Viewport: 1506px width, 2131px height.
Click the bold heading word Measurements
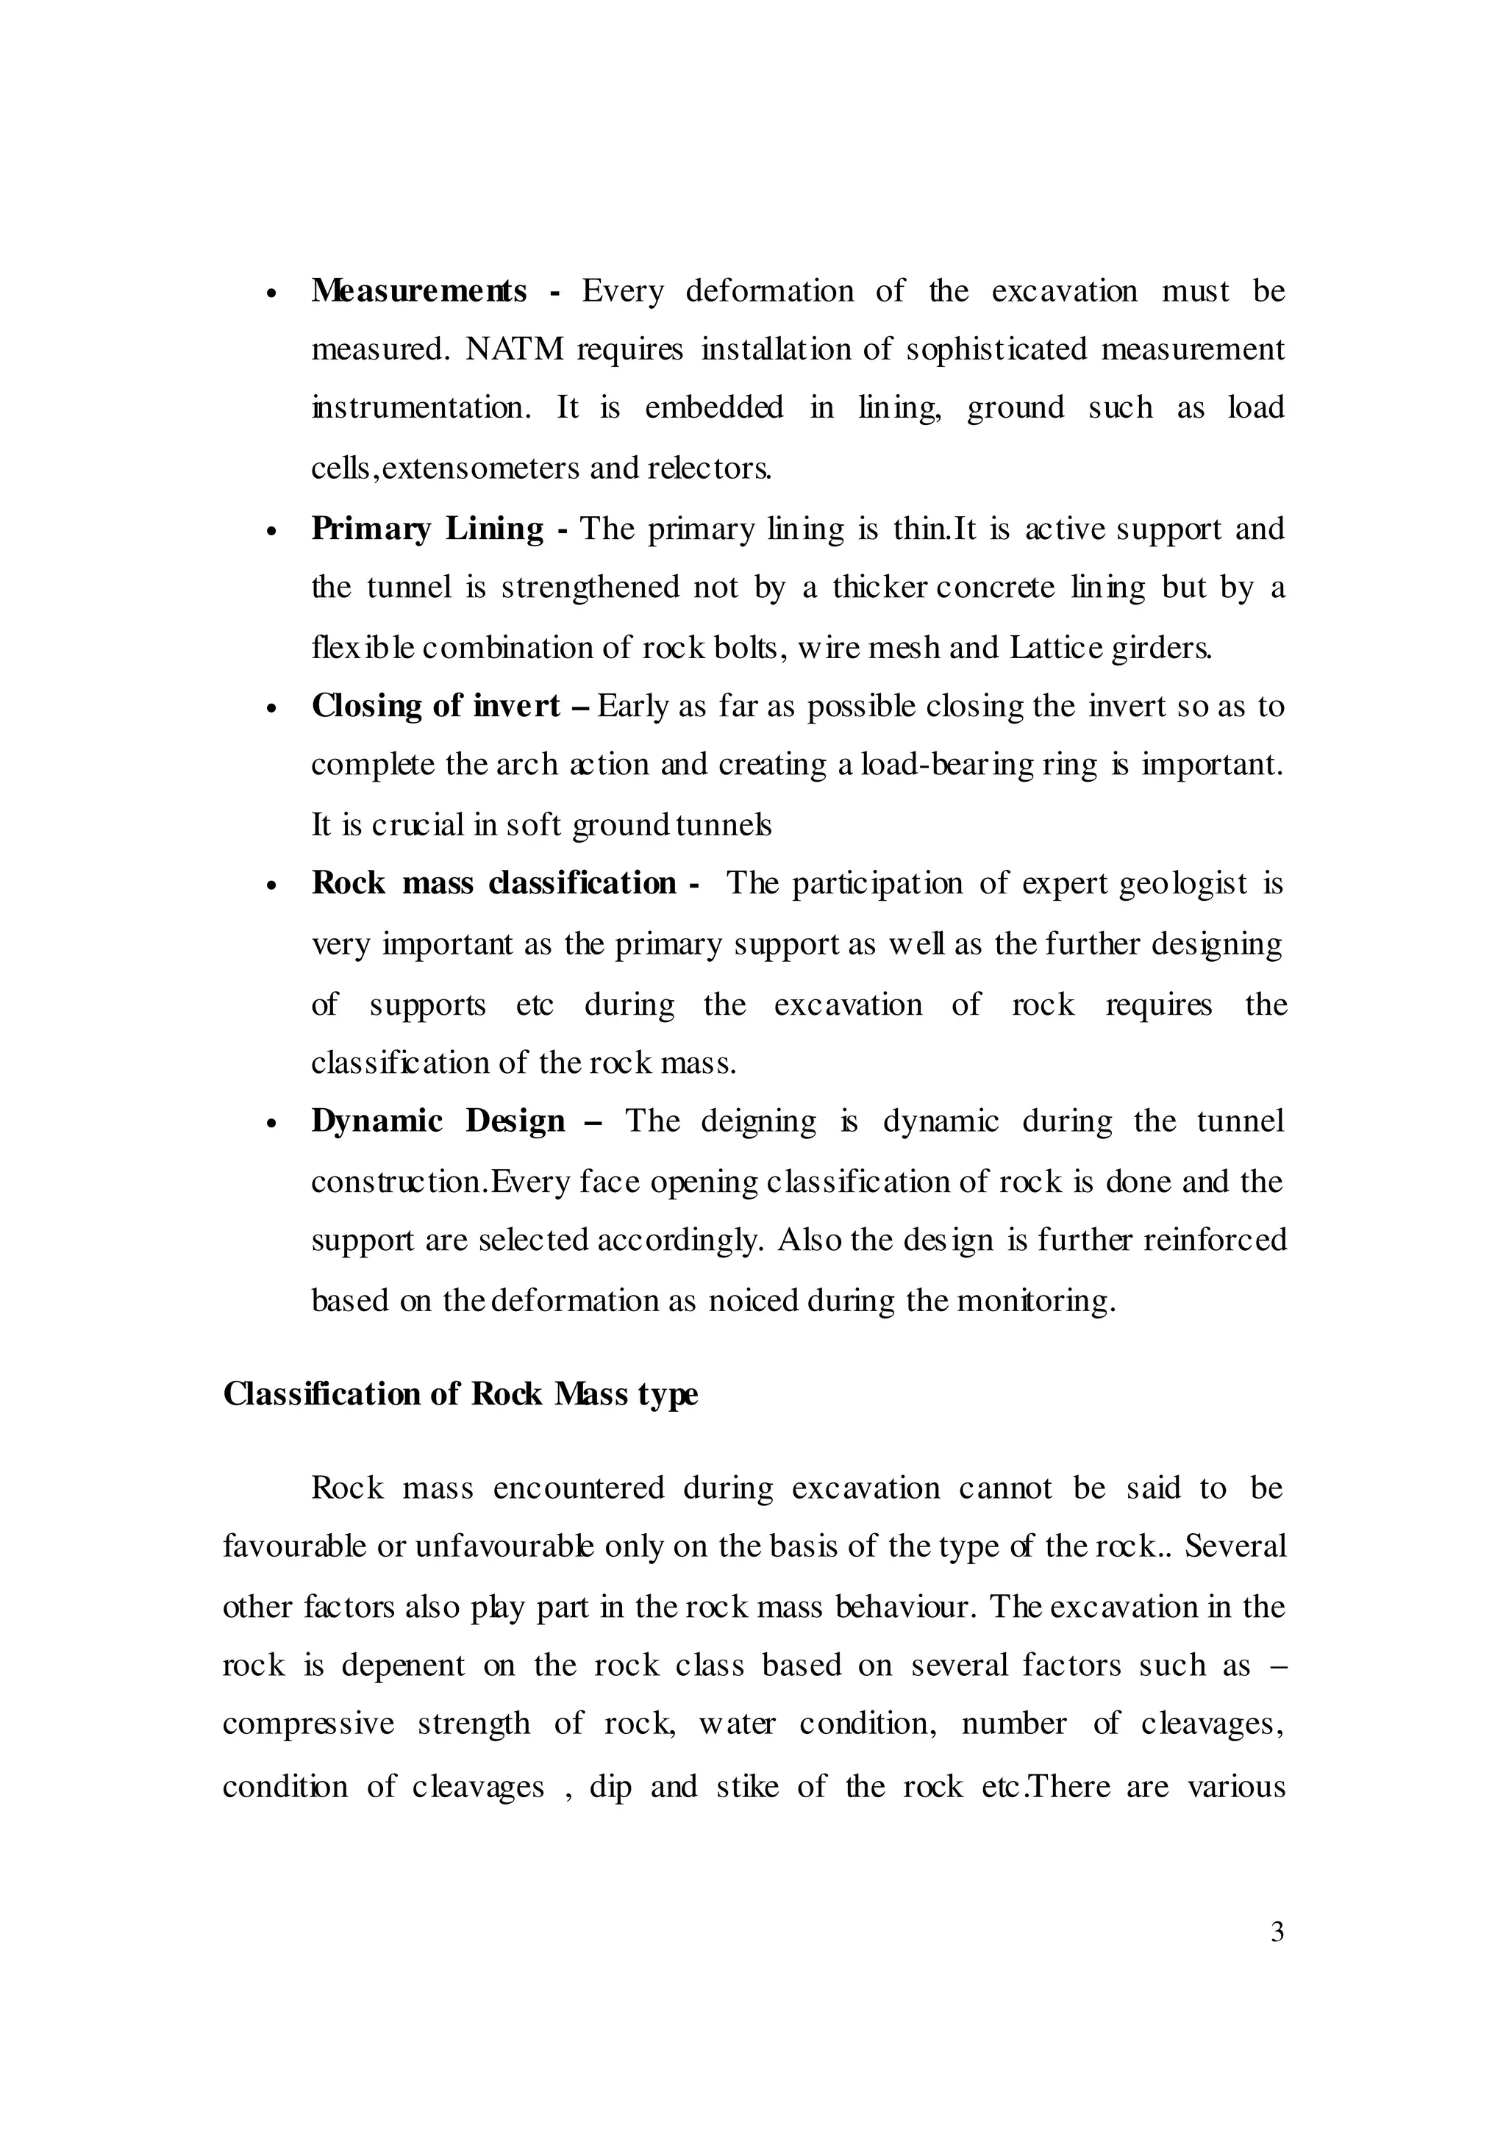tap(418, 291)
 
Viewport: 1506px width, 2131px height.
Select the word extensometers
tap(482, 468)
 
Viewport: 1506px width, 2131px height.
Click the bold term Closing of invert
tap(436, 707)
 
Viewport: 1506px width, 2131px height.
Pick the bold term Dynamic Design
tap(438, 1121)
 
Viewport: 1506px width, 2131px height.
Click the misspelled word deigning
tap(758, 1121)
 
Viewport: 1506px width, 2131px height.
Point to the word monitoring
tap(1035, 1302)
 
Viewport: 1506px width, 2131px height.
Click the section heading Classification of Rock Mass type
tap(460, 1394)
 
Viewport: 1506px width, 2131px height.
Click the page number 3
tap(1277, 1932)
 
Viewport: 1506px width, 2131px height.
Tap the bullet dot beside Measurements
tap(272, 294)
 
